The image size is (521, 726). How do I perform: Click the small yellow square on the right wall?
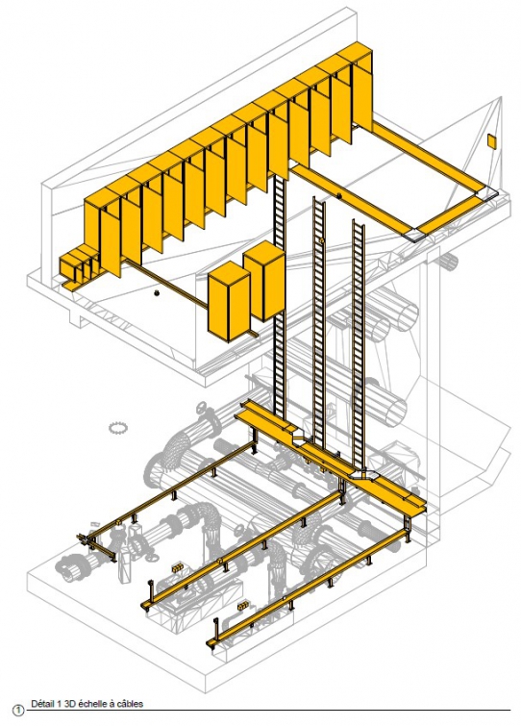tap(491, 141)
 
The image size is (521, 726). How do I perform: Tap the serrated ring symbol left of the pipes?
tap(117, 427)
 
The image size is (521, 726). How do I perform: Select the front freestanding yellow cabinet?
tap(230, 301)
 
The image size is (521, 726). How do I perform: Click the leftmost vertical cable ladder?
tap(280, 296)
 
